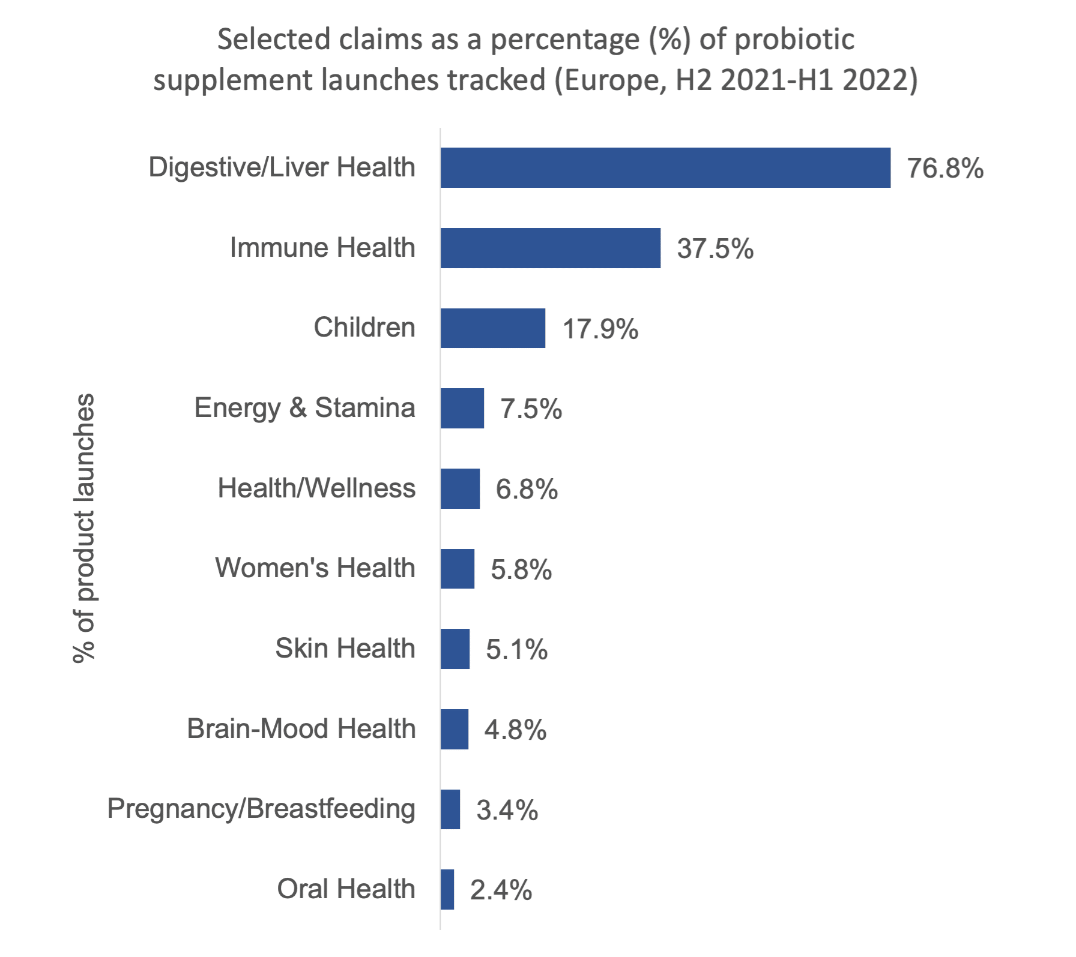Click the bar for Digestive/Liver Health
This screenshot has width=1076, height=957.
665,167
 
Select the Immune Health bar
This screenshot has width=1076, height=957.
551,248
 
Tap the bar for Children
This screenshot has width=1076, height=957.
493,328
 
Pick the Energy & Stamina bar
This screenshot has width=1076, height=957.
462,409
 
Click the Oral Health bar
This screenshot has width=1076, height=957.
447,890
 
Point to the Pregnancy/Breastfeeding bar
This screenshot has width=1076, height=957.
450,809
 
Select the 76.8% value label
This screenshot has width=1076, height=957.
945,169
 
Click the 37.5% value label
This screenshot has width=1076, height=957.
715,250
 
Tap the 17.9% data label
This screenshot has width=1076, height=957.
600,330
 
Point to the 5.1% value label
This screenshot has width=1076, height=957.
516,650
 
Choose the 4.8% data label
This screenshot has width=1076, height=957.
515,731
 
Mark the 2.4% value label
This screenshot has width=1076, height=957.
501,891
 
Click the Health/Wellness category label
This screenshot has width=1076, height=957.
316,488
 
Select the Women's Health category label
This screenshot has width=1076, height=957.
315,568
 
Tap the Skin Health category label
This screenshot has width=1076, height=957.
345,649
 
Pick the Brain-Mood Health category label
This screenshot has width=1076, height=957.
301,729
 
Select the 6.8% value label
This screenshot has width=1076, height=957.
527,490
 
